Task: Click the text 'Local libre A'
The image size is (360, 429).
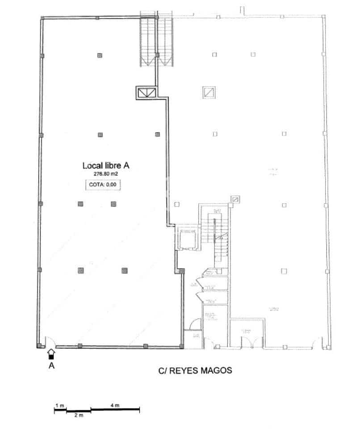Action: (106, 165)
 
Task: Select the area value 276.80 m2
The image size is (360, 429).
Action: (106, 174)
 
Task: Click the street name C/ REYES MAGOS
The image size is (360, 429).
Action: (195, 370)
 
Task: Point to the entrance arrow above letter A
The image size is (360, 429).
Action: (51, 353)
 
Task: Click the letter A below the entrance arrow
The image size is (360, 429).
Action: (51, 365)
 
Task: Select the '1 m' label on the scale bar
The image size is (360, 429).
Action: (60, 406)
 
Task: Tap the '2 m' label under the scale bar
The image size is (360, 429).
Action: (79, 416)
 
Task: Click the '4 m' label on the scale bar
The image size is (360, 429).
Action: (115, 406)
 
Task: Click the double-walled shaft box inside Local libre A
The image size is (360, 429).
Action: (147, 93)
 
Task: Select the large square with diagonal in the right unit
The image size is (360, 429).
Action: (209, 92)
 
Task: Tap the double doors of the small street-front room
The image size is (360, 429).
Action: (247, 341)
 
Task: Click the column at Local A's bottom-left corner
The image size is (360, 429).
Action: (39, 345)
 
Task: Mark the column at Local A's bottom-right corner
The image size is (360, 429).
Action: (181, 345)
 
